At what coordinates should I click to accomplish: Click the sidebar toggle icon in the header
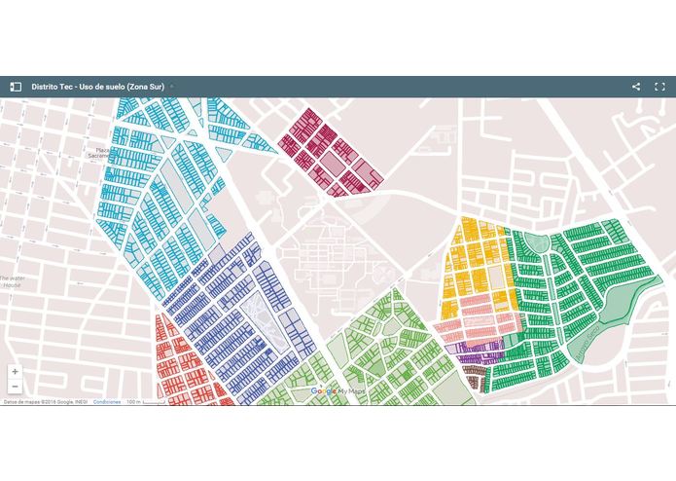(16, 87)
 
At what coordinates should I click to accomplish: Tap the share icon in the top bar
(636, 87)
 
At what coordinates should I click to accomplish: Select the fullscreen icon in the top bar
(659, 87)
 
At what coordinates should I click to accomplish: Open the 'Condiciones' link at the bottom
(107, 401)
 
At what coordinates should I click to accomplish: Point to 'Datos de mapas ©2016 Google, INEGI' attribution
(43, 401)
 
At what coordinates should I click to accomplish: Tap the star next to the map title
(172, 87)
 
